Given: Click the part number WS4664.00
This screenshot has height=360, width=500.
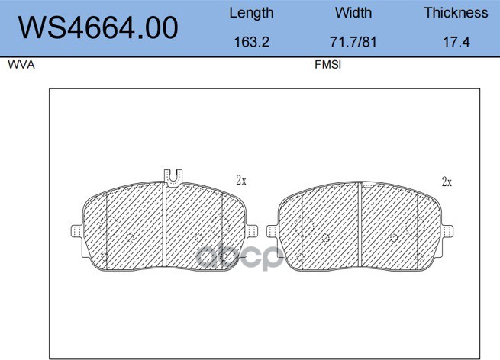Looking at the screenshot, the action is coord(98,27).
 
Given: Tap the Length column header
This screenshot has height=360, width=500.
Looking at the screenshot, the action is coord(251,14).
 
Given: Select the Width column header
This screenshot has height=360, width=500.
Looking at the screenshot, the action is coord(353,13).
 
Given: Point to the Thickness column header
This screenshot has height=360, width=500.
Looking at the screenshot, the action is coord(456,13).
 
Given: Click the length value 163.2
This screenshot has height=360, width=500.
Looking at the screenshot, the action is coord(252,42).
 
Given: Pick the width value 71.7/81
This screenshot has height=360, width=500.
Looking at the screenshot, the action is coord(353,42).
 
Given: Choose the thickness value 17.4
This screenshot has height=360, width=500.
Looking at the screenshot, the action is coord(456,42).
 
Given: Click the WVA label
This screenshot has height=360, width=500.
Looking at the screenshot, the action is coord(21,65).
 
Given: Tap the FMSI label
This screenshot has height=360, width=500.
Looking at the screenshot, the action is coord(327,65).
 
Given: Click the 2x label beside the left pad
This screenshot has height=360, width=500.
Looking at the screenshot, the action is coord(241,181).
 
